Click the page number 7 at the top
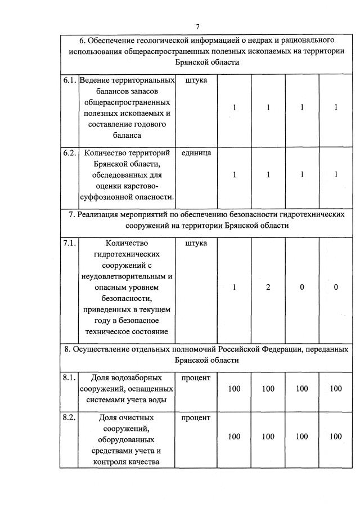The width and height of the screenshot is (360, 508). click(x=198, y=26)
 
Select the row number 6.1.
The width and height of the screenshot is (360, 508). click(x=70, y=80)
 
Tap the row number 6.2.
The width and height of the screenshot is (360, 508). click(x=70, y=153)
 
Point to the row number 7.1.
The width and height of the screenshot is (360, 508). click(x=70, y=243)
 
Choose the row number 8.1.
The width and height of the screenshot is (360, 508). click(x=70, y=377)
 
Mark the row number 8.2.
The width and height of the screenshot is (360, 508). click(x=70, y=418)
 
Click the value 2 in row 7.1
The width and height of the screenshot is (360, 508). click(x=268, y=287)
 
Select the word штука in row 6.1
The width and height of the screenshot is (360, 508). click(x=196, y=80)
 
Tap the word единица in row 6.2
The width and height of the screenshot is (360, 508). click(x=196, y=153)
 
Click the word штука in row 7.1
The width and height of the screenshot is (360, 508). click(x=196, y=243)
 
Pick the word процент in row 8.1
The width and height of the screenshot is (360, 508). click(x=196, y=377)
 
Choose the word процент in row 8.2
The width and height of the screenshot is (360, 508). click(x=196, y=418)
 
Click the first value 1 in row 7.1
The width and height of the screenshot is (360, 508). click(x=235, y=287)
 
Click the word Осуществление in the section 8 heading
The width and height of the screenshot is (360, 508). click(x=101, y=349)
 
